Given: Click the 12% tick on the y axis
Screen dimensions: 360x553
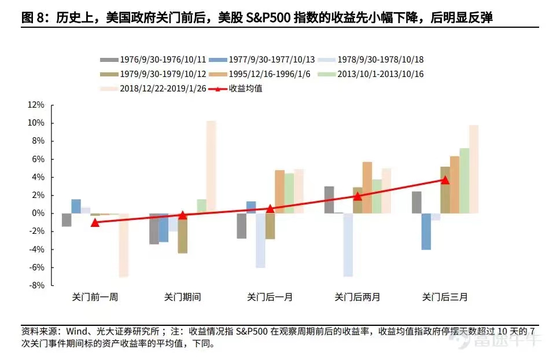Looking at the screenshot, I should coord(35,105).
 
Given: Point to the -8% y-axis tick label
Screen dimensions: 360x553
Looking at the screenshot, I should coord(35,285).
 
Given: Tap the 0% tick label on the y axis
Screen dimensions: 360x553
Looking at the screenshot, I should coord(38,213).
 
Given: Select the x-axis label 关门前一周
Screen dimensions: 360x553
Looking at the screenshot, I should coord(95,297).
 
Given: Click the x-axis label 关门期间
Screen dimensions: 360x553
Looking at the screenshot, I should coord(182,297).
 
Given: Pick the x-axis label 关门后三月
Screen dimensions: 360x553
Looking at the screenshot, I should coord(445,297).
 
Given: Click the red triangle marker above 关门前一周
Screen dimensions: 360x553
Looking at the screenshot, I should coord(95,222).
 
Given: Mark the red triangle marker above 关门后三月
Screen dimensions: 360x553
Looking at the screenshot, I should coord(445,180).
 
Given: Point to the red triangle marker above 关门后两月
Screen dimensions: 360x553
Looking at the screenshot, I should coord(357,196).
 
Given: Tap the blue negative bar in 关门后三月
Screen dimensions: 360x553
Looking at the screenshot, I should coord(426,232).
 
